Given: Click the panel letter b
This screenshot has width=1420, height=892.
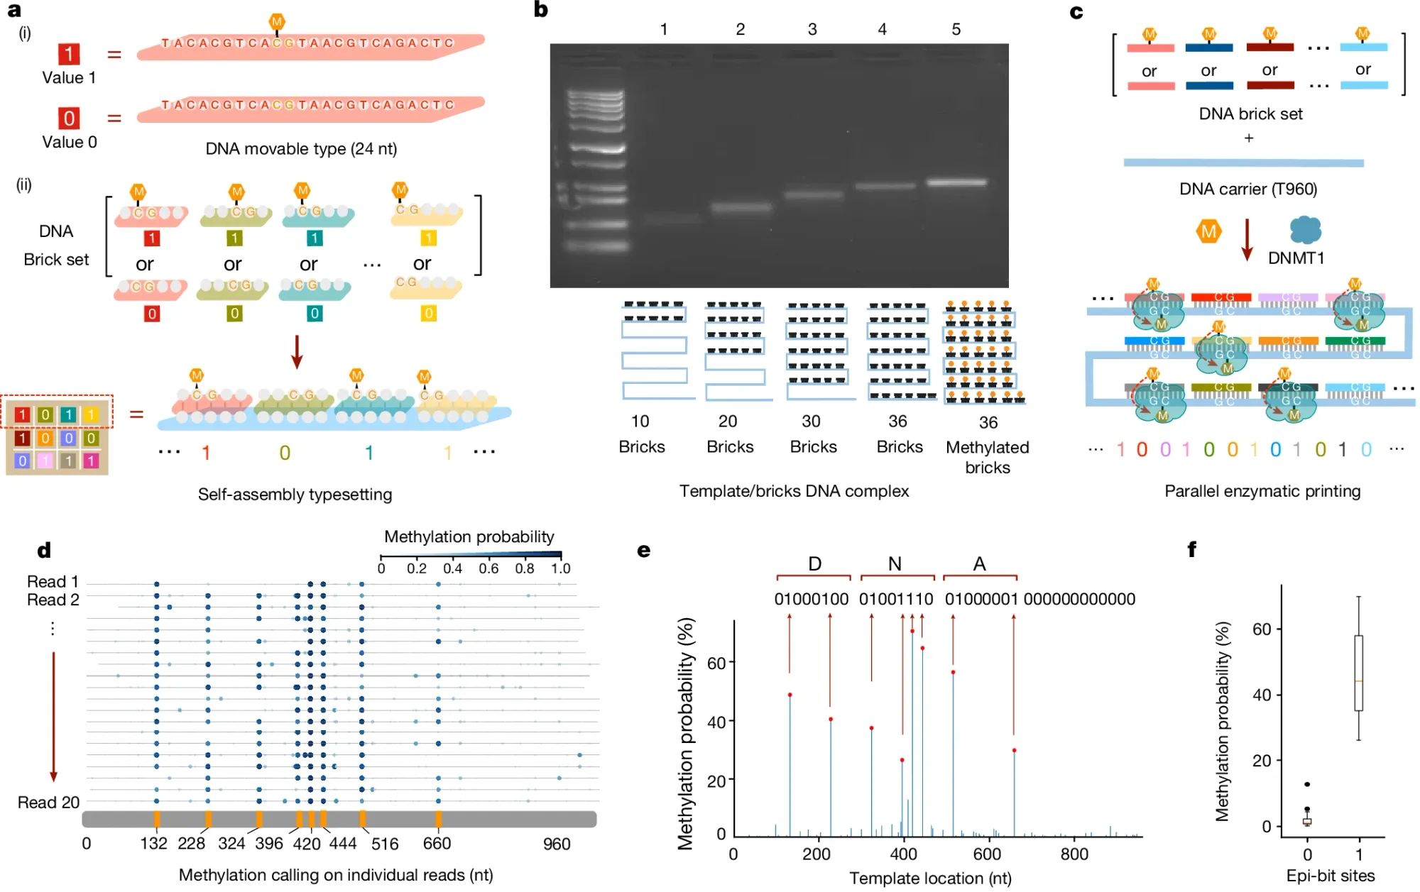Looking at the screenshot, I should click(541, 10).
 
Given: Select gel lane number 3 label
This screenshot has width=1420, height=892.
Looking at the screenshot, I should click(812, 30).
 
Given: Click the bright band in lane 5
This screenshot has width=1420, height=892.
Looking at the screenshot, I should click(956, 183).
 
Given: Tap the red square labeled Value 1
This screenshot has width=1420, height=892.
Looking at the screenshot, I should click(69, 54).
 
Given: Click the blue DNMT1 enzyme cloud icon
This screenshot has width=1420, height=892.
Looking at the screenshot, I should click(1305, 231).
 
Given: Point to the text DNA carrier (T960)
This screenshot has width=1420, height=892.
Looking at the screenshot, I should click(1248, 189).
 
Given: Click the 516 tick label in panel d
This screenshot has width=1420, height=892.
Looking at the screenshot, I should click(385, 844).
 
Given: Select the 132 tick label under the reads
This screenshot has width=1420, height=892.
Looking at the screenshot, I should click(153, 843).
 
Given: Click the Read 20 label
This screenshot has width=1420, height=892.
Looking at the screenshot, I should click(48, 803).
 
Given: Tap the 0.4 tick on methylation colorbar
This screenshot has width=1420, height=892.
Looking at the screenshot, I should click(452, 568).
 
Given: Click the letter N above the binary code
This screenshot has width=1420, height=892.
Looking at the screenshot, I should click(895, 564).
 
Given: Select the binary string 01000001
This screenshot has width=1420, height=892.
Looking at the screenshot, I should click(982, 600).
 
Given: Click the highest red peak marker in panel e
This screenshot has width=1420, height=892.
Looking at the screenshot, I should click(912, 631).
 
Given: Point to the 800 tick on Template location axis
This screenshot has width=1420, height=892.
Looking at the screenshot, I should click(1074, 854).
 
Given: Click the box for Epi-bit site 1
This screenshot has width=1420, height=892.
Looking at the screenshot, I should click(1358, 673).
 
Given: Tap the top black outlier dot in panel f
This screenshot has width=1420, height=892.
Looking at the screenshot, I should click(1307, 785).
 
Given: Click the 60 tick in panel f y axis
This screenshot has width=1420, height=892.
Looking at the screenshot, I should click(1261, 629).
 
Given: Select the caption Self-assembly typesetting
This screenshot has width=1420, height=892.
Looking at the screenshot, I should click(295, 495).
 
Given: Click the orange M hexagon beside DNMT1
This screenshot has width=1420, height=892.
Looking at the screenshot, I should click(1208, 231).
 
